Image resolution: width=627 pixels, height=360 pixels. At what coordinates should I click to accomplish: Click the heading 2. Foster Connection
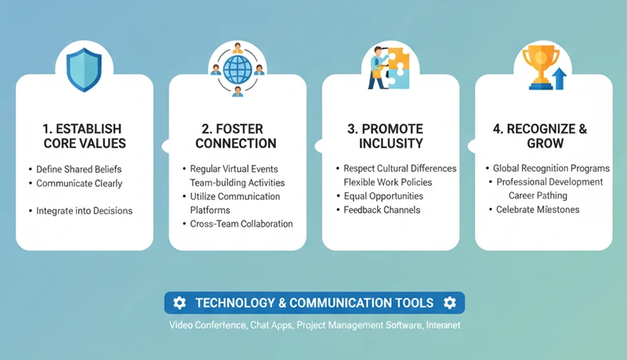(x=236, y=136)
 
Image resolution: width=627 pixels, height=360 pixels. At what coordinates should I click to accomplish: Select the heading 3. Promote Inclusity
(x=390, y=136)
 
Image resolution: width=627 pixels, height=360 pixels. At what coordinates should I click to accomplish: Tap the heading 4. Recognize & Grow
(x=543, y=136)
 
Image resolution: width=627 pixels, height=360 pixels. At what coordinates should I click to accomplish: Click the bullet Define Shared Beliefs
(x=79, y=169)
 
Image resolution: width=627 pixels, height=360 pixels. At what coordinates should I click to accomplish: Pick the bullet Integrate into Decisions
(x=85, y=210)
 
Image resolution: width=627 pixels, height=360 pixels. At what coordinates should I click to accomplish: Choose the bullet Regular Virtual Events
(x=234, y=169)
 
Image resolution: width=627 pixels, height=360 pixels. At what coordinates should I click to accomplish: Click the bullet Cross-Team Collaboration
(x=241, y=224)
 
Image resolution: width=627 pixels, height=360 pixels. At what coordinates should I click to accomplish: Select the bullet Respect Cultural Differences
(x=400, y=169)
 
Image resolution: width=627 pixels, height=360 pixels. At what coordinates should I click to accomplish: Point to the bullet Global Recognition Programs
(x=551, y=169)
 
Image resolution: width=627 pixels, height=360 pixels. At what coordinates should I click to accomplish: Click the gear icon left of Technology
(x=179, y=303)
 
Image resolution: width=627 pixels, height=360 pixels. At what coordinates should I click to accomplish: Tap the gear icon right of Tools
(x=449, y=303)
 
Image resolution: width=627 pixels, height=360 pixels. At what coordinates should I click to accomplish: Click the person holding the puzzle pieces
(x=377, y=66)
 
